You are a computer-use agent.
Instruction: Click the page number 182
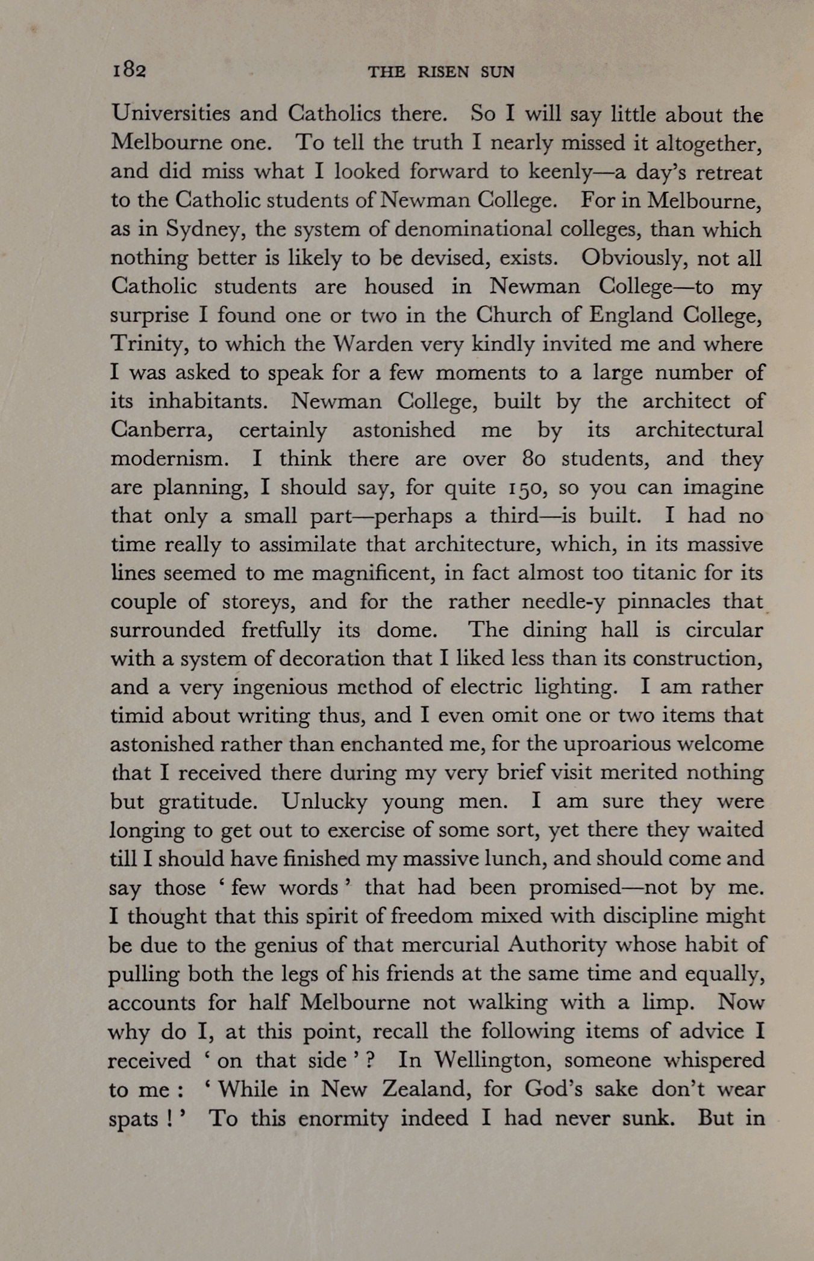pos(128,71)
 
